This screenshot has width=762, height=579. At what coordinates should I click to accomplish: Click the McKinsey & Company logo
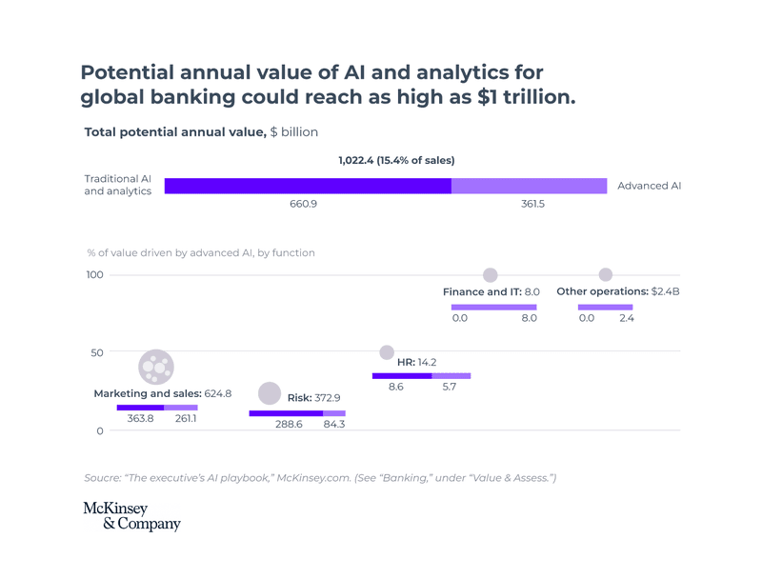[131, 516]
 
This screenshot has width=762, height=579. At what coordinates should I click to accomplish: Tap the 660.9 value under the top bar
[304, 205]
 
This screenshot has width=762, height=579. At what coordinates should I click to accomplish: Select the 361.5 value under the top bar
[532, 205]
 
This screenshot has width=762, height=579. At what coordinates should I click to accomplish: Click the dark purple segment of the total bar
[308, 186]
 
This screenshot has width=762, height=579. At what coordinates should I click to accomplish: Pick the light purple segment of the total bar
[529, 186]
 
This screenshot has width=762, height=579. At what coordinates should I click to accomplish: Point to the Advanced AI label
[649, 186]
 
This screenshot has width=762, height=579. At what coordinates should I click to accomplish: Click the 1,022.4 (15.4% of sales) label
[396, 160]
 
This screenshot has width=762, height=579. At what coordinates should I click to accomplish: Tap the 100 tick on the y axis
[95, 275]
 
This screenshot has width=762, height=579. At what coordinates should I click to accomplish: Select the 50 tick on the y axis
[97, 352]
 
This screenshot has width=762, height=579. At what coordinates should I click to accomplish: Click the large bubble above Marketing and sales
[156, 367]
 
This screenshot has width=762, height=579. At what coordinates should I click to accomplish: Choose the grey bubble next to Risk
[270, 393]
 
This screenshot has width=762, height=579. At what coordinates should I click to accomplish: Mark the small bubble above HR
[387, 352]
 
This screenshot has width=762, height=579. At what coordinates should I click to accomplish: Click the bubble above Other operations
[605, 275]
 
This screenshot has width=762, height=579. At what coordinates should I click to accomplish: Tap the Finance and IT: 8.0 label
[491, 291]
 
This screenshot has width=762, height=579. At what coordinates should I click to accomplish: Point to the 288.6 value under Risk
[289, 424]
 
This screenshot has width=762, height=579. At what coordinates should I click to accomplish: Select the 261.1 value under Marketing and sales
[186, 418]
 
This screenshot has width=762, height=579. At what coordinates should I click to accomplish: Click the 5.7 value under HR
[450, 387]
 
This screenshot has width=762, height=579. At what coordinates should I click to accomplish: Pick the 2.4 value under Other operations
[626, 318]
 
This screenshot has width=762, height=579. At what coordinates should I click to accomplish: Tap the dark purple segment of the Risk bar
[286, 413]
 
